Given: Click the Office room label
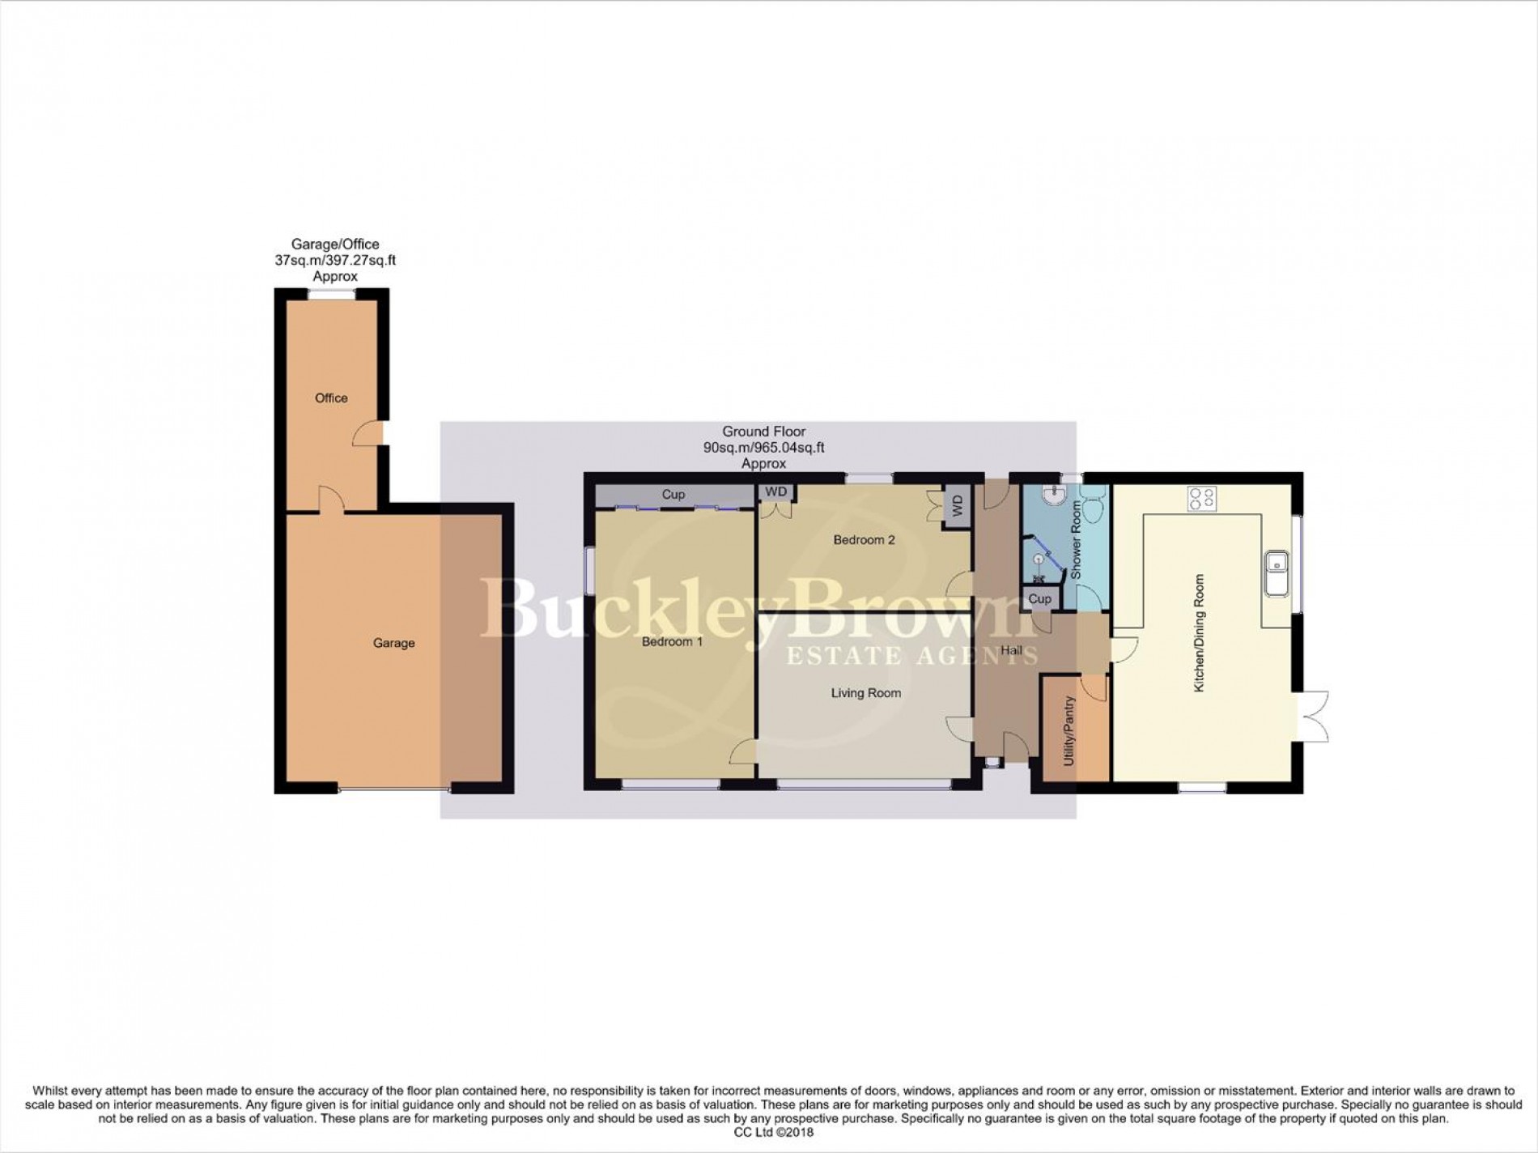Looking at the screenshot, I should coord(331,398).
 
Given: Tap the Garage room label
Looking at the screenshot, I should coord(393,643).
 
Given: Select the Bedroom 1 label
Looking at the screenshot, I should coord(672,642).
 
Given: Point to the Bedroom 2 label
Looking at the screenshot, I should coord(865,540).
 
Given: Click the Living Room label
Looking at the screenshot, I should coord(865,693).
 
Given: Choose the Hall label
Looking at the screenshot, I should coord(1011,650).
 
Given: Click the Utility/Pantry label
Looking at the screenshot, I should coord(1069,731).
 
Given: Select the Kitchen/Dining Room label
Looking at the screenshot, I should coord(1200,633).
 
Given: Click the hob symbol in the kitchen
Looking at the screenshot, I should coord(1202,498).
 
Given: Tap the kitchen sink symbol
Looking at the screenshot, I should coord(1277,572).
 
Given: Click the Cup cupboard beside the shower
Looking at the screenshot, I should coord(1039,599).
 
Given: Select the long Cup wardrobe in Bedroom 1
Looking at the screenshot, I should coord(673,495).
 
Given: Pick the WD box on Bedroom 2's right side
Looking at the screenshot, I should coord(958,507).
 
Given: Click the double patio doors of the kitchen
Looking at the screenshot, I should coord(1313,716).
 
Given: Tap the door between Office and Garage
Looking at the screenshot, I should coord(331,500).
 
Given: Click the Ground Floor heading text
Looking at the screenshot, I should coord(763,432).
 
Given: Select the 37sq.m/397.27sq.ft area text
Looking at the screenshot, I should coord(335,260).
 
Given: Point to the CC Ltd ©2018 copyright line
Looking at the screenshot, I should coord(768,1133).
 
